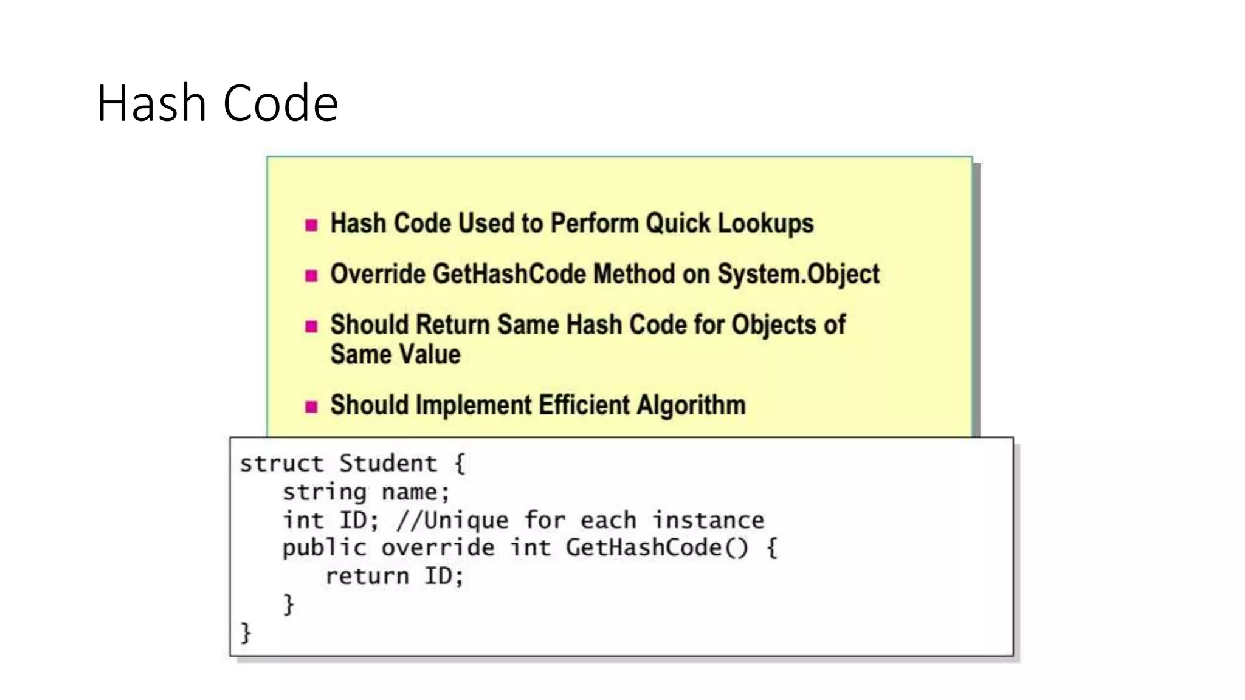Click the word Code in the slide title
pyautogui.click(x=280, y=103)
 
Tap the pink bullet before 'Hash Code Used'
pyautogui.click(x=311, y=225)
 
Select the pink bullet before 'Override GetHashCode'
pyautogui.click(x=311, y=276)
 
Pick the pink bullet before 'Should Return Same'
pyautogui.click(x=311, y=327)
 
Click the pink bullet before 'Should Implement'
pyautogui.click(x=311, y=407)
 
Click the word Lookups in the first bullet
pyautogui.click(x=765, y=224)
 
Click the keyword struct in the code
pyautogui.click(x=281, y=464)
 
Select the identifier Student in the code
pyautogui.click(x=388, y=464)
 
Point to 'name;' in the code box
pyautogui.click(x=416, y=492)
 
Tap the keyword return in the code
pyautogui.click(x=367, y=576)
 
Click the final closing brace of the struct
pyautogui.click(x=246, y=633)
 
